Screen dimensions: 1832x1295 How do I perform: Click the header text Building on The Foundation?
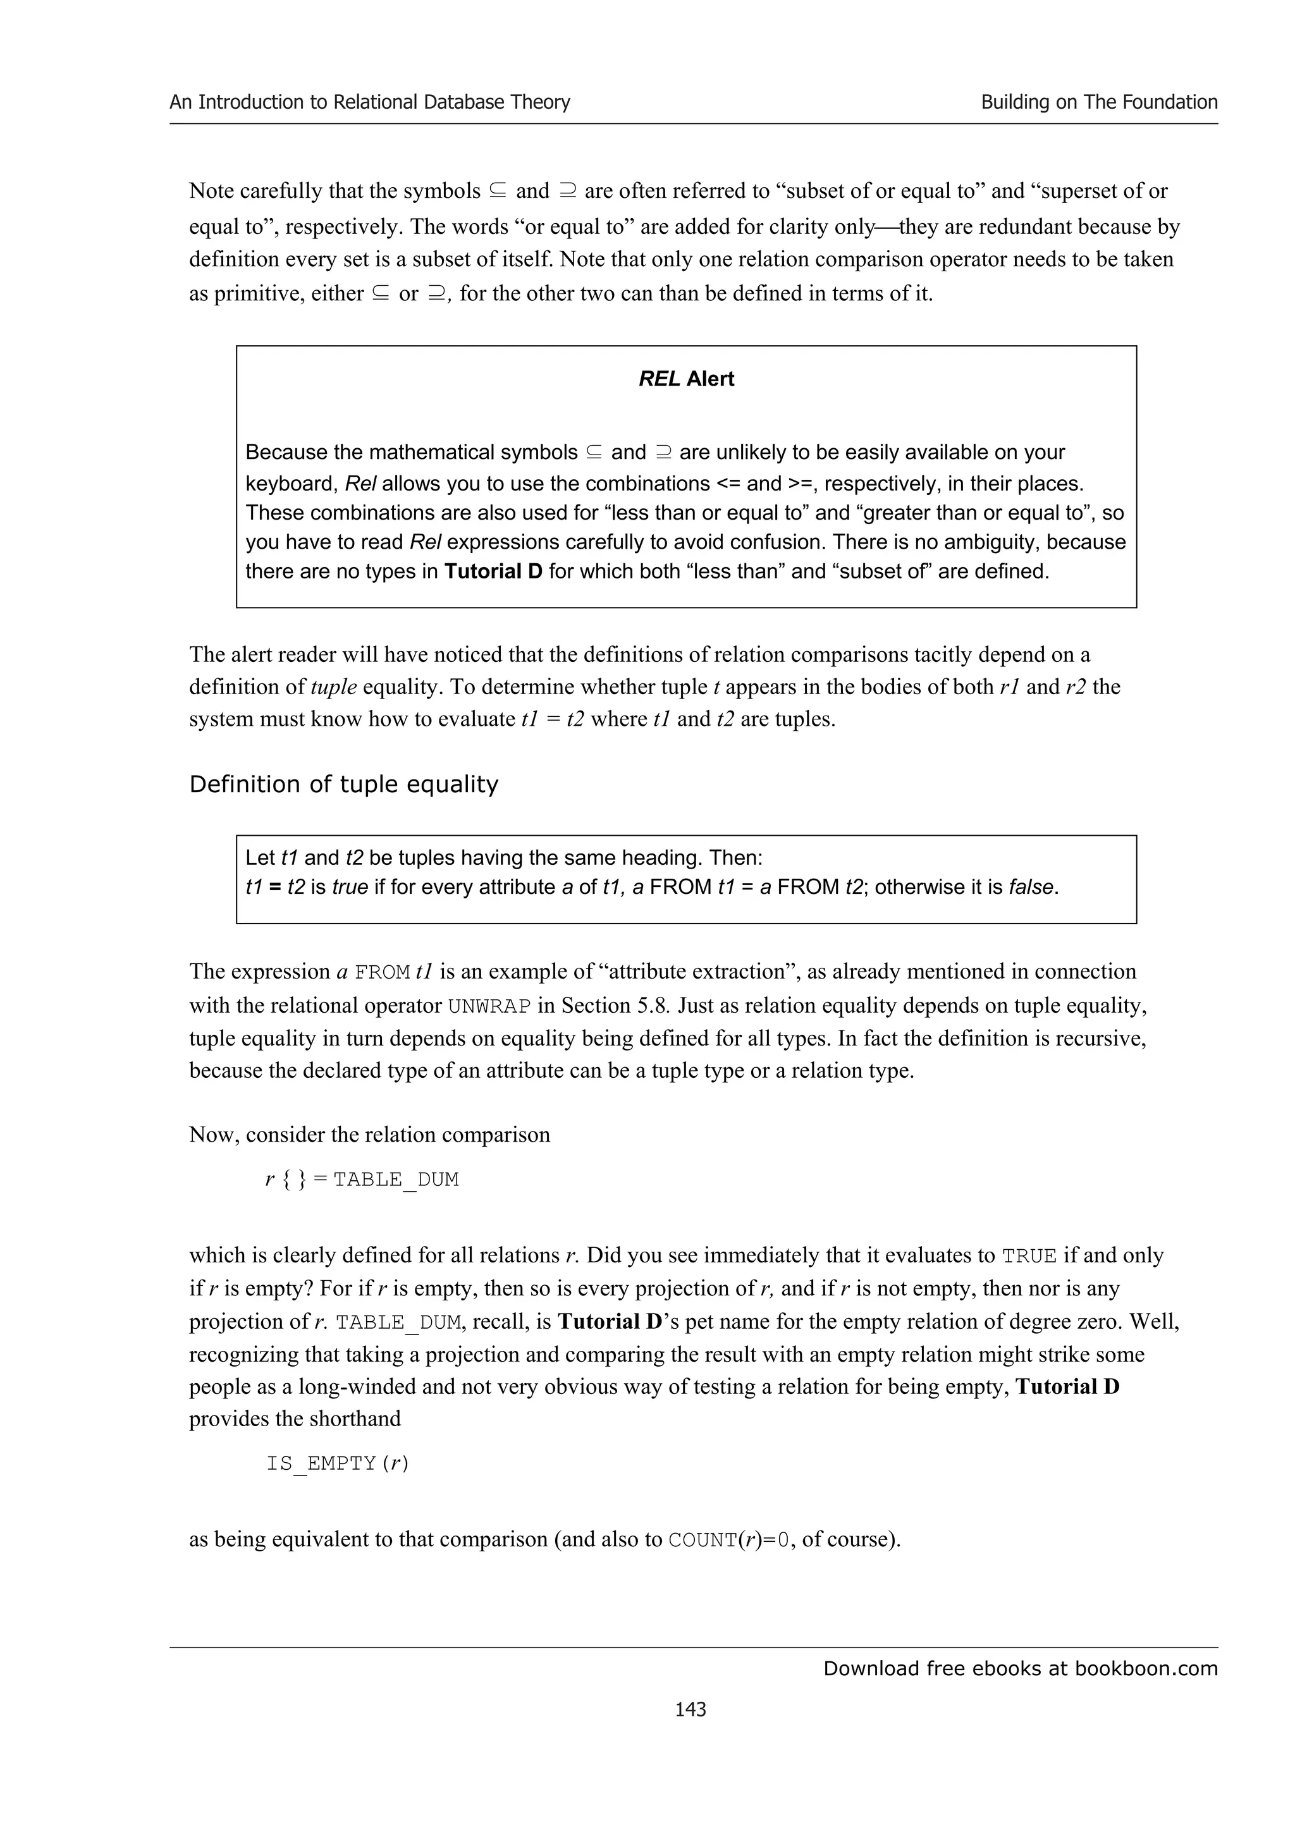[1099, 102]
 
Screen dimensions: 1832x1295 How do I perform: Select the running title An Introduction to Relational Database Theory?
[369, 102]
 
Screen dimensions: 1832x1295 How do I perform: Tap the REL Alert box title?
[686, 379]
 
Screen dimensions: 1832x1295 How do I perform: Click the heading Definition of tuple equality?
[343, 785]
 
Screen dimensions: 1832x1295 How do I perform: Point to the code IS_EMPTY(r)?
[338, 1463]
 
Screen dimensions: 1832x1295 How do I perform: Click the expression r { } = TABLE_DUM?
[362, 1180]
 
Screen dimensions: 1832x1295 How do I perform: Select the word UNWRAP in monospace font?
[489, 1006]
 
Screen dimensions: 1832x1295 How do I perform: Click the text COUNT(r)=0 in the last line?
[731, 1539]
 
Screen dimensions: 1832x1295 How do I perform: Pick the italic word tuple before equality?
[333, 687]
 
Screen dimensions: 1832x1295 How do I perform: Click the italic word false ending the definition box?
[1033, 888]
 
